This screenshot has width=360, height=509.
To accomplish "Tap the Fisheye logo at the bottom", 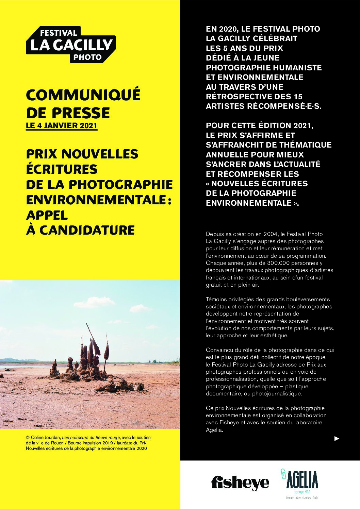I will click(x=240, y=482).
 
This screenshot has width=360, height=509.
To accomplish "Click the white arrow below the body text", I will click(x=337, y=439).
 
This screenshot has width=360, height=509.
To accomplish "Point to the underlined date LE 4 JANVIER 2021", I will click(x=62, y=125).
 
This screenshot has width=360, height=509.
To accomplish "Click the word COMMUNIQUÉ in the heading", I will click(x=83, y=95).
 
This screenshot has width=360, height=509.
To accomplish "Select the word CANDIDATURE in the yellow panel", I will click(x=87, y=230).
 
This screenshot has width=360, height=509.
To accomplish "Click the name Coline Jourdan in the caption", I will click(x=46, y=438).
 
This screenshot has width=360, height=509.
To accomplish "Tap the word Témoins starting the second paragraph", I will click(x=216, y=299).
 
